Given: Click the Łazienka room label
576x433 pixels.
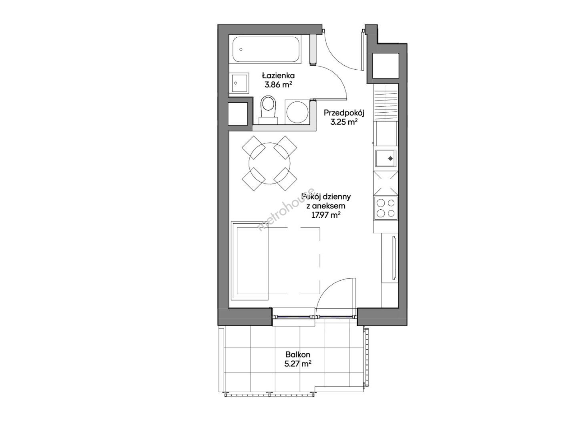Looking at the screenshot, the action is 278,76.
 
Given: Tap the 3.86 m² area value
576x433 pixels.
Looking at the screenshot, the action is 279,85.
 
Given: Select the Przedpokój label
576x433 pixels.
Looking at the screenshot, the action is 344,113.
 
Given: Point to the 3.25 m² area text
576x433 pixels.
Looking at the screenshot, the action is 344,122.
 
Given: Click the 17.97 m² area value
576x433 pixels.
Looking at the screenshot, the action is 326,215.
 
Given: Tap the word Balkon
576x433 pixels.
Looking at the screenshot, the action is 298,354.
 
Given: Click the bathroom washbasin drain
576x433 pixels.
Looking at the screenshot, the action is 236,83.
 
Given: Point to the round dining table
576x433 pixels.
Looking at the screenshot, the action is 269,163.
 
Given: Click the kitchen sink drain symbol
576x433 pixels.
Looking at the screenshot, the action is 391,158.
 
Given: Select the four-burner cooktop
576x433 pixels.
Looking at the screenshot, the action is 385,208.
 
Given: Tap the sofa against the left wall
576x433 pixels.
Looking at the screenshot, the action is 249,261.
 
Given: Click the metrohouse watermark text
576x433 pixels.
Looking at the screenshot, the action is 286,209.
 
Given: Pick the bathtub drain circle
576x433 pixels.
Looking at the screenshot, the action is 241,49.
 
